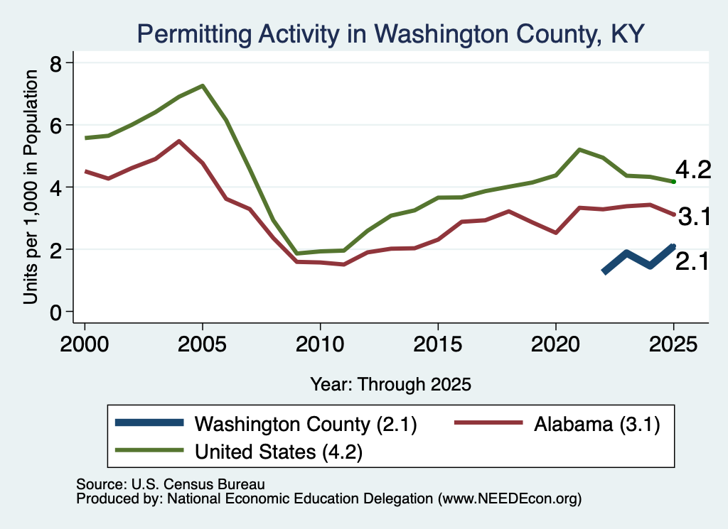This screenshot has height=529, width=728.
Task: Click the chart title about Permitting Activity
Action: [390, 34]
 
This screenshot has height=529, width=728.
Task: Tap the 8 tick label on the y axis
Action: [55, 63]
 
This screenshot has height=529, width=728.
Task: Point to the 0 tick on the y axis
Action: [55, 312]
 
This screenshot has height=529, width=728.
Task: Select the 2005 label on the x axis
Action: [202, 344]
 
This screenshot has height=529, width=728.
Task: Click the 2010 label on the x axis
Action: [320, 344]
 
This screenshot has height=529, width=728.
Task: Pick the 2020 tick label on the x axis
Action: [556, 344]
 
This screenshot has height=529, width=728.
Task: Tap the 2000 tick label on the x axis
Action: [85, 344]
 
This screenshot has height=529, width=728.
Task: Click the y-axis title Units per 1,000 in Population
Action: [31, 187]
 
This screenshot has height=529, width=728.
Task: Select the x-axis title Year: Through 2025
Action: [390, 384]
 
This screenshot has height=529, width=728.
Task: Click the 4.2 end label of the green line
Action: [692, 170]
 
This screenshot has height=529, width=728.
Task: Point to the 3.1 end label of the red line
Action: [694, 217]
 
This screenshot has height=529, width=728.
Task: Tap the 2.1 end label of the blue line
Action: [692, 262]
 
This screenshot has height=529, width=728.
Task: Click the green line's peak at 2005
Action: [203, 86]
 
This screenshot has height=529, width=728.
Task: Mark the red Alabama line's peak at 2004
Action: [178, 141]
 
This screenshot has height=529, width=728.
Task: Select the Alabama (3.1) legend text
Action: [596, 424]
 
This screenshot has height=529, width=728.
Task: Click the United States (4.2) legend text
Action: [279, 452]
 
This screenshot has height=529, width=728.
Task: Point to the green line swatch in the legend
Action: [149, 450]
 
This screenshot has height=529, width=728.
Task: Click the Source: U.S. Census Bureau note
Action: [171, 484]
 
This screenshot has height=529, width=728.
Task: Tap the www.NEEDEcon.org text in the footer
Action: [509, 499]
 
